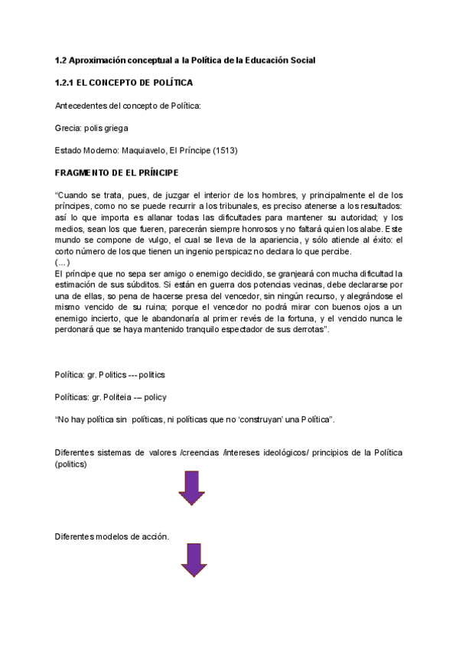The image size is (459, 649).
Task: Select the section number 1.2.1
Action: (70, 82)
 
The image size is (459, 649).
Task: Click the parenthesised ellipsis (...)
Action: (63, 262)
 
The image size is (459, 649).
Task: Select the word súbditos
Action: (144, 285)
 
